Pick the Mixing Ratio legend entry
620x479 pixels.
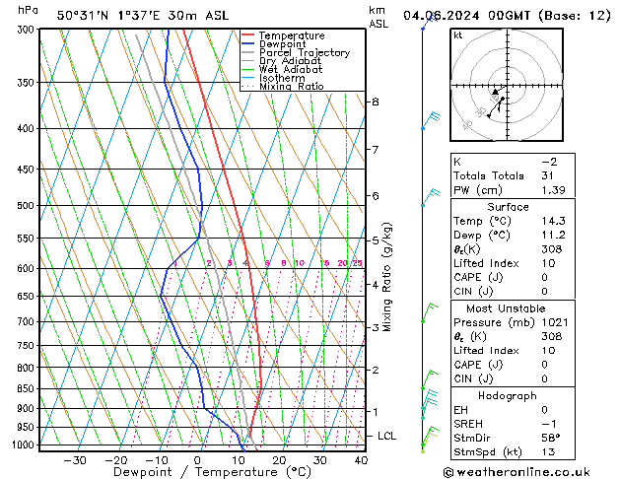tap(291, 86)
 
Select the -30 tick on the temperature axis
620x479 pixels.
tap(75, 460)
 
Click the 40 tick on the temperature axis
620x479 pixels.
tap(361, 460)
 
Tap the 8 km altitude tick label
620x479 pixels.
tap(376, 102)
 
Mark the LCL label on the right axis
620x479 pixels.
tap(387, 436)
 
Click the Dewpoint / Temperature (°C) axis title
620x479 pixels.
tap(197, 473)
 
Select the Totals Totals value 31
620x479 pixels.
tap(548, 174)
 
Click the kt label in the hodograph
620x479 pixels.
tap(458, 35)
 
